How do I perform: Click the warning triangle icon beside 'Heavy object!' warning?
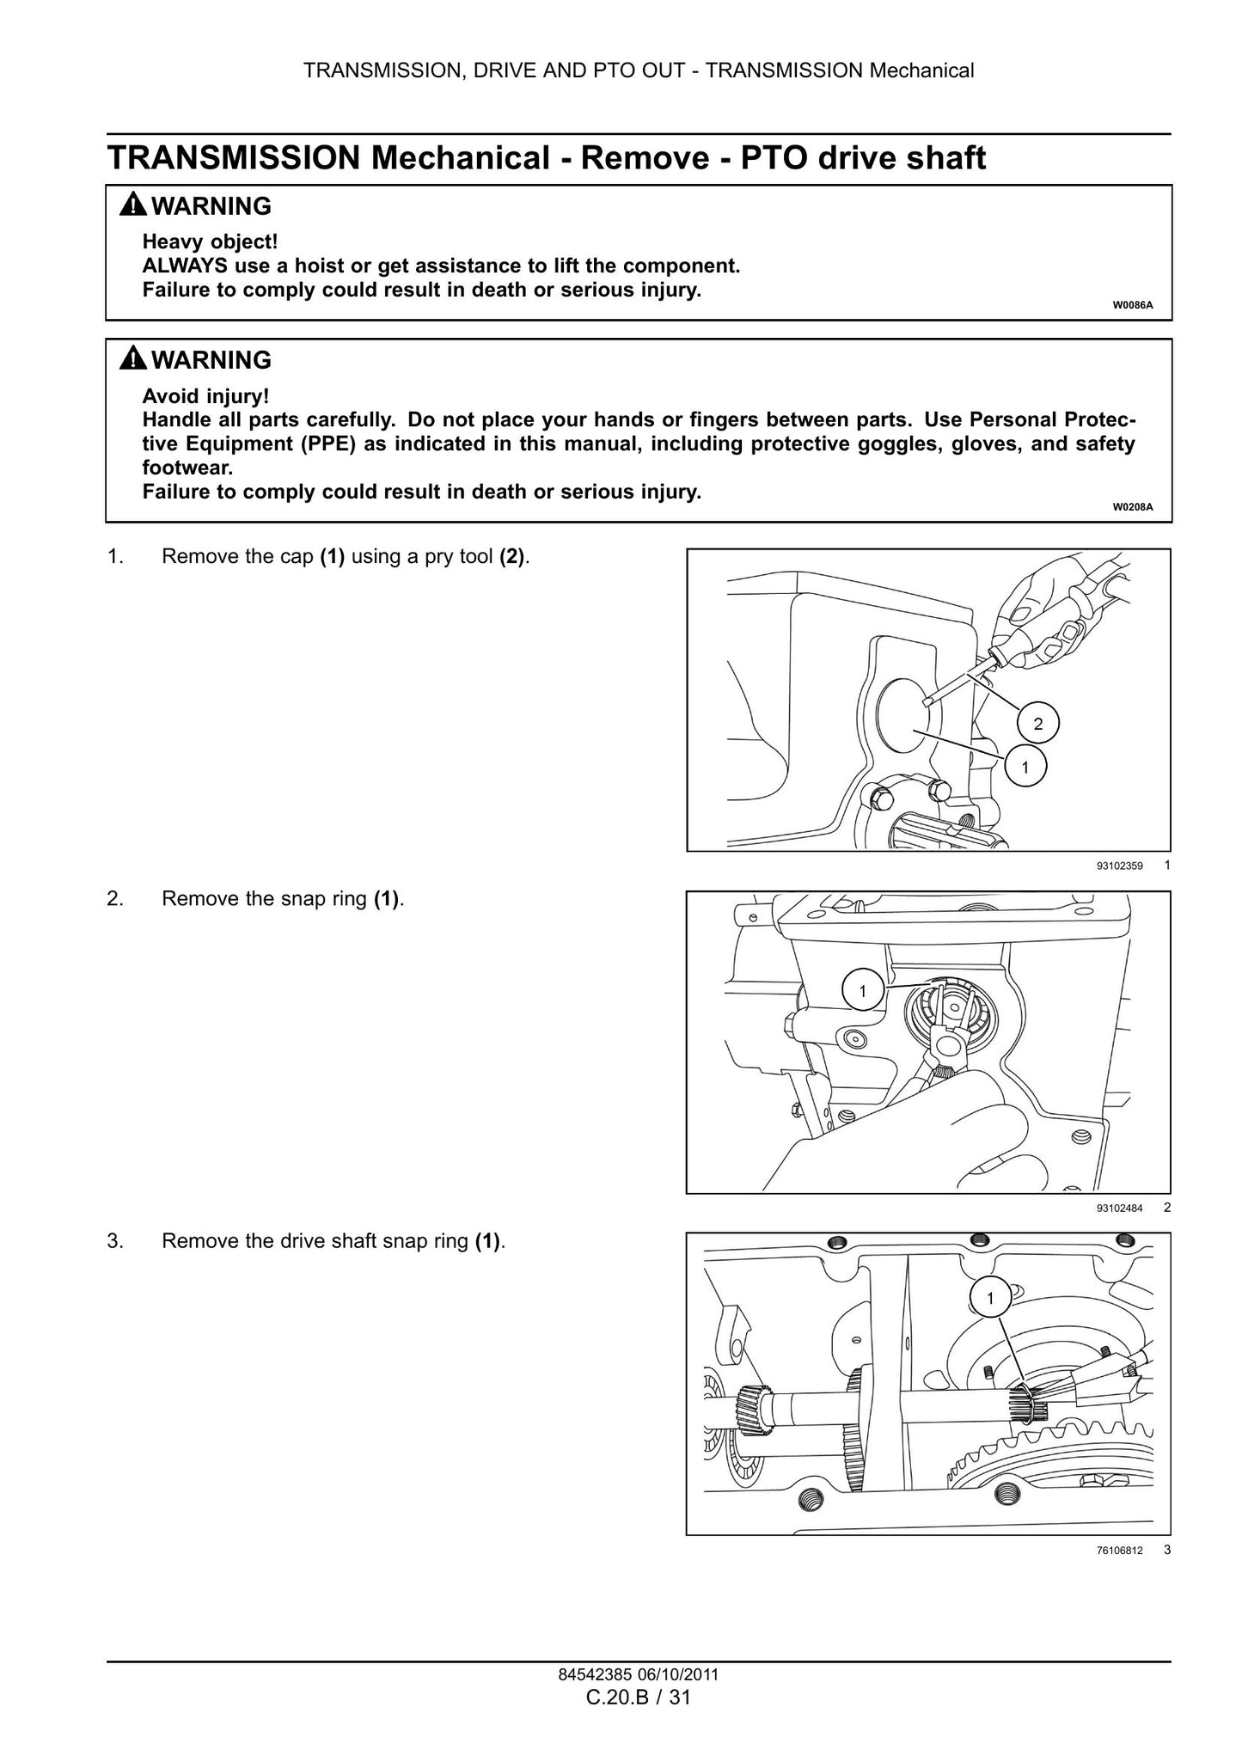pyautogui.click(x=133, y=205)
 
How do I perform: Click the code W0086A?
pyautogui.click(x=1133, y=305)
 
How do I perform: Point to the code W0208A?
pyautogui.click(x=1133, y=507)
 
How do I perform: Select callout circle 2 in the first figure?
pyautogui.click(x=1037, y=724)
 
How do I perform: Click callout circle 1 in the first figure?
pyautogui.click(x=1025, y=766)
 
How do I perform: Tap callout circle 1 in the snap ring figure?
pyautogui.click(x=862, y=991)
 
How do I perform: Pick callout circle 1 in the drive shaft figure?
pyautogui.click(x=990, y=1298)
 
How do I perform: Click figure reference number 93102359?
pyautogui.click(x=1119, y=866)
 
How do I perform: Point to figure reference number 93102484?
pyautogui.click(x=1119, y=1208)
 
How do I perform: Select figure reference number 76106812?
pyautogui.click(x=1119, y=1550)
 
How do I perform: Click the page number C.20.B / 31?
pyautogui.click(x=639, y=1697)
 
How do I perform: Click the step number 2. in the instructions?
pyautogui.click(x=115, y=899)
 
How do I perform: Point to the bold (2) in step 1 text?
pyautogui.click(x=512, y=556)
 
